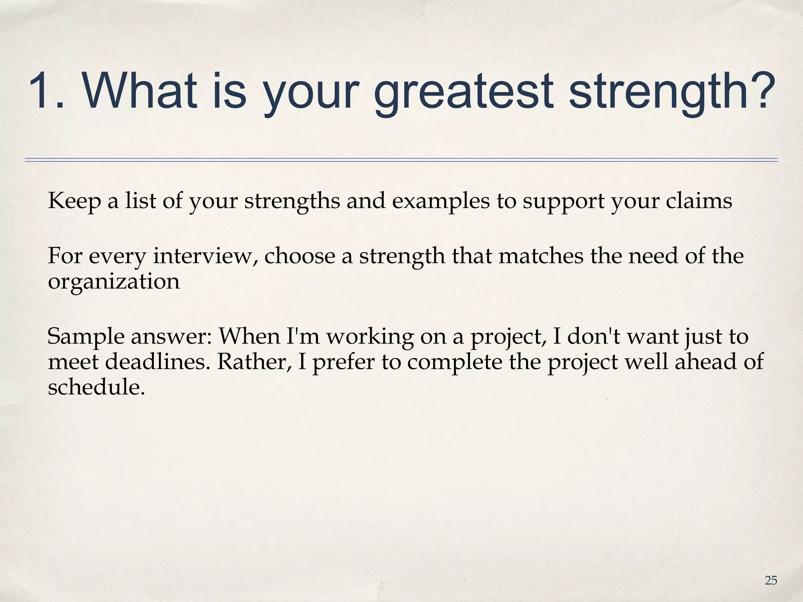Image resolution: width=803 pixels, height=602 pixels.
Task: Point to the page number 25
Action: (771, 580)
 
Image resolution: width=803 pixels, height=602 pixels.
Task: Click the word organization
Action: (114, 282)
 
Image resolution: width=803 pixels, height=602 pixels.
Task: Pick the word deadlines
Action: (158, 362)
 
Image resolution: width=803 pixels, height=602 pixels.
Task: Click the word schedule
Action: (94, 387)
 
